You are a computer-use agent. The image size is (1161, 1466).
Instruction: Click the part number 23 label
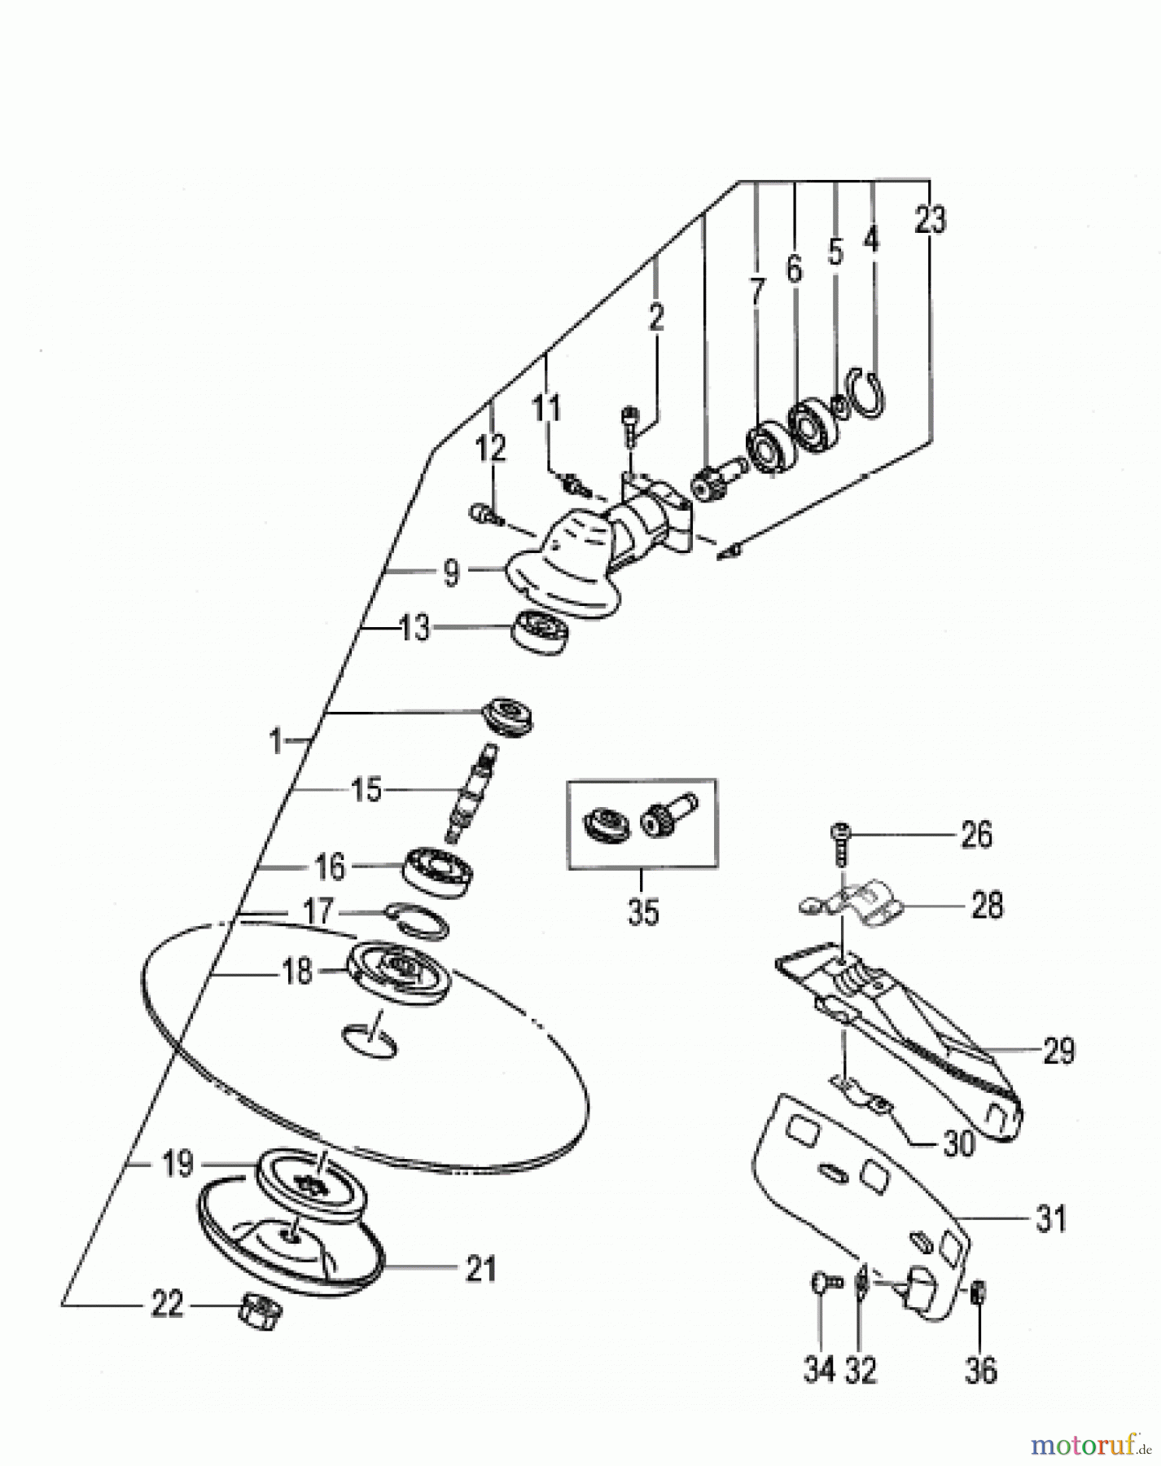(x=931, y=220)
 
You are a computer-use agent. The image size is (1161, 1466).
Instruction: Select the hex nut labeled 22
(x=261, y=1310)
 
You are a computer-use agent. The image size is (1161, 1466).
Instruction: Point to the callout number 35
(x=642, y=911)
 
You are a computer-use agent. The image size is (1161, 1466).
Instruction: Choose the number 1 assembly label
(x=276, y=742)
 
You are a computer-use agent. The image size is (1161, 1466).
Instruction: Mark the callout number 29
(x=1058, y=1051)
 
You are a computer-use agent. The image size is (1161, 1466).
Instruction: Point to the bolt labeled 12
(x=483, y=513)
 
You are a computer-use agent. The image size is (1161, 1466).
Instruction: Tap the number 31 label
(x=1050, y=1219)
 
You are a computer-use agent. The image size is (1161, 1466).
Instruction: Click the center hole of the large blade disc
(x=370, y=1040)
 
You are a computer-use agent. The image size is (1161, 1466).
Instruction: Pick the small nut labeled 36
(x=979, y=1292)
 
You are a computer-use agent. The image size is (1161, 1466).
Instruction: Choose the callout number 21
(x=480, y=1269)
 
